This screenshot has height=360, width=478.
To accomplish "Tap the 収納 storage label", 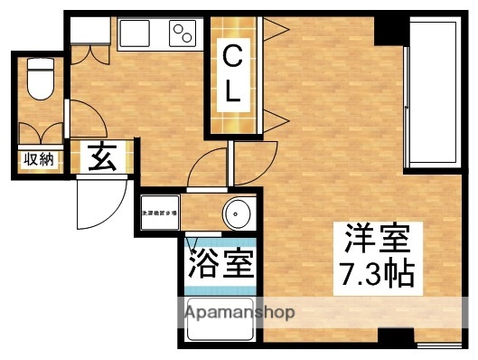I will click(39, 160).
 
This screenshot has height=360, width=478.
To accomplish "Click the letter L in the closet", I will click(233, 90).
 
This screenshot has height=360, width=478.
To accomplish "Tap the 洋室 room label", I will click(378, 241).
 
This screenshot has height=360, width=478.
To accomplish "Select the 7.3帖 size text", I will click(378, 273).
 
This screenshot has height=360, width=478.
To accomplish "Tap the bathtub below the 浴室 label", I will click(220, 321).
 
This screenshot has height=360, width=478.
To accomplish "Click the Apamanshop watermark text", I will click(239, 313).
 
